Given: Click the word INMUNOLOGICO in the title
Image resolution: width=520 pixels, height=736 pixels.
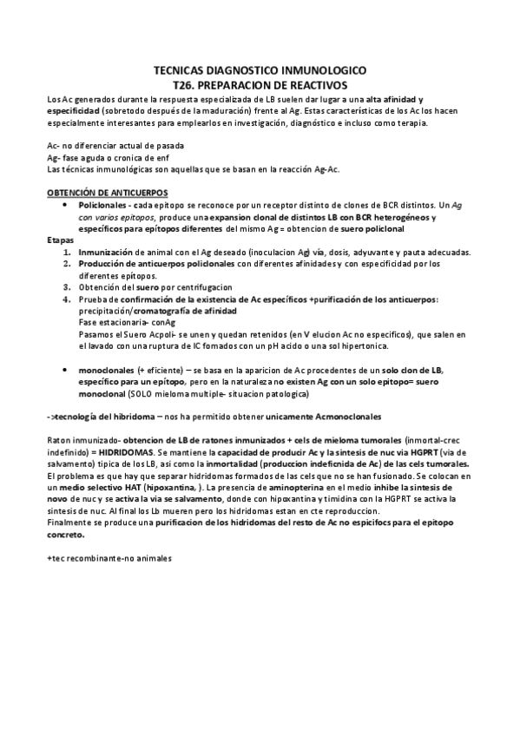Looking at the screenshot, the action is [x=320, y=72].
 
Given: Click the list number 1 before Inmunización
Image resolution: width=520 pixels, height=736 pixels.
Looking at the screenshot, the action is [x=67, y=252].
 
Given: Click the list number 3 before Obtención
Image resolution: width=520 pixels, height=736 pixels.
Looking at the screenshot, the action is [x=67, y=286].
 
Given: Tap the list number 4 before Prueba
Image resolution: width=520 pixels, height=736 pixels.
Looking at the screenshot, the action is [x=67, y=299].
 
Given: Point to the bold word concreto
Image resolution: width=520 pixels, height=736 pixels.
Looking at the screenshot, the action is [x=69, y=536].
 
